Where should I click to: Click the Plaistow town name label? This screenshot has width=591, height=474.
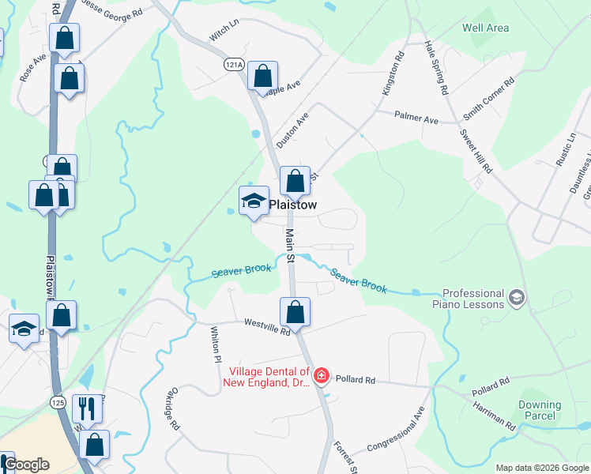pyautogui.click(x=292, y=205)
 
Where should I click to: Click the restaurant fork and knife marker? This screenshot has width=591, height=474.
pyautogui.click(x=86, y=408)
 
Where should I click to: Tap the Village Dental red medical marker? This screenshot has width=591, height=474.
pyautogui.click(x=322, y=374)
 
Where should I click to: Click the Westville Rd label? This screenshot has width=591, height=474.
pyautogui.click(x=267, y=326)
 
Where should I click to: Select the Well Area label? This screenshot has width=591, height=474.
pyautogui.click(x=485, y=28)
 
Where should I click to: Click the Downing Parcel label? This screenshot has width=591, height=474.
pyautogui.click(x=540, y=410)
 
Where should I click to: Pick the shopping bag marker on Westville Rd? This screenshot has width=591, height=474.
pyautogui.click(x=295, y=312)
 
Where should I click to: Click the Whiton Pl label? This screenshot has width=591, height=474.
pyautogui.click(x=214, y=344)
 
